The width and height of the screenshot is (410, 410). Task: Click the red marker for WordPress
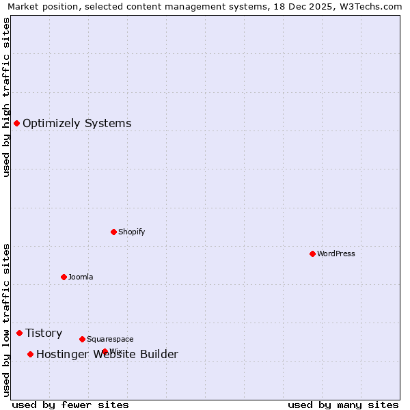(x=312, y=254)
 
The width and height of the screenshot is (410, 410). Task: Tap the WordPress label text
(x=336, y=254)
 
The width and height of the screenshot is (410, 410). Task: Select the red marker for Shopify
(x=113, y=232)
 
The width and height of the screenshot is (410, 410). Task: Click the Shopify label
(x=132, y=232)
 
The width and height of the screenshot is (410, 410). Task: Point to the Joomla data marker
(x=64, y=277)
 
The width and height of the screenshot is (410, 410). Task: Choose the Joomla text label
(x=81, y=277)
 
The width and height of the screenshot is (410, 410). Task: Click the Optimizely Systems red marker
(x=16, y=123)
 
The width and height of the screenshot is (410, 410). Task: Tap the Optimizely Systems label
(x=77, y=124)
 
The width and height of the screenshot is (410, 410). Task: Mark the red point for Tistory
(x=19, y=333)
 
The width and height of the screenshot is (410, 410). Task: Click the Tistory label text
(x=44, y=333)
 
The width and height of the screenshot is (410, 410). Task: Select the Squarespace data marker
(x=82, y=339)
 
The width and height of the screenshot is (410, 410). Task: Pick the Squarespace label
(x=110, y=339)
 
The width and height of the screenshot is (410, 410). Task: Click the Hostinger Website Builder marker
(x=30, y=354)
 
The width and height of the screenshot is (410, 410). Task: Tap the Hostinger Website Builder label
(x=107, y=354)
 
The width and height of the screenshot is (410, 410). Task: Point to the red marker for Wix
(x=105, y=351)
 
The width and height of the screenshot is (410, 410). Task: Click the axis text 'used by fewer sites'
(x=70, y=405)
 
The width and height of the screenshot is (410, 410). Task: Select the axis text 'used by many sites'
(x=343, y=405)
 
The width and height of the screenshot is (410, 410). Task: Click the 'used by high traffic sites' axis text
(x=6, y=97)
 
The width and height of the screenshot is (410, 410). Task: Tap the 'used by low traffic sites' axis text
(x=6, y=320)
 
